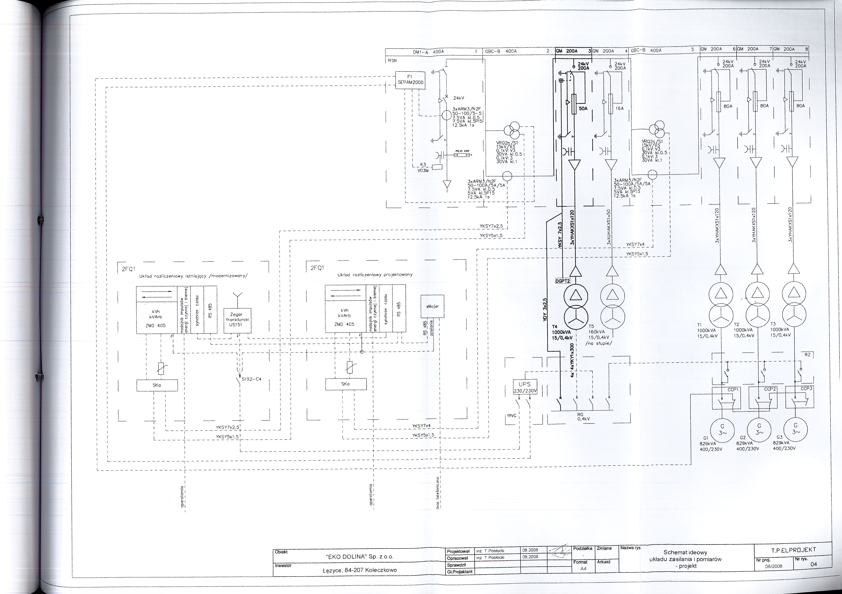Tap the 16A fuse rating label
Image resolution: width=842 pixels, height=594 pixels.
coord(620,109)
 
